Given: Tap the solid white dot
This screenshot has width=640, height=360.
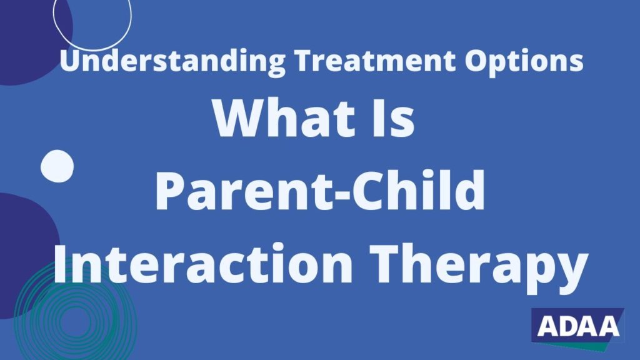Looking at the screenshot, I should [x=57, y=166].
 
